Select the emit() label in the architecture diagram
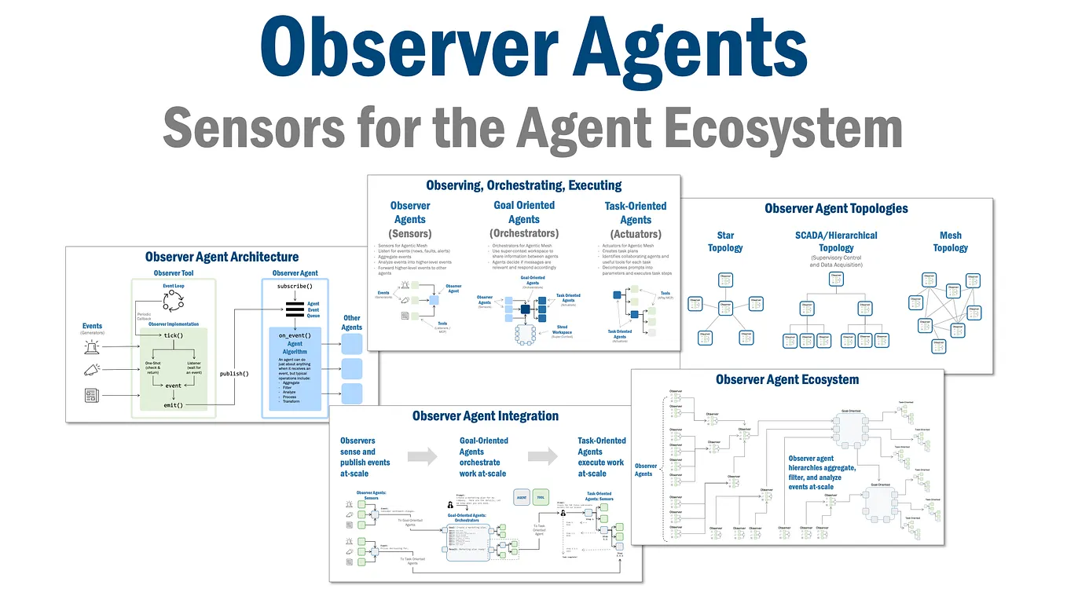coord(173,404)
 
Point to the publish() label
coord(233,373)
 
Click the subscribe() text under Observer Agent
coord(295,286)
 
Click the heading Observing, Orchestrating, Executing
coord(523,185)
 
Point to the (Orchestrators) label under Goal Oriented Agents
coord(523,233)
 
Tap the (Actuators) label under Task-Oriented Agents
coord(636,234)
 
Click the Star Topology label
coord(725,241)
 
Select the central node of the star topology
coord(725,308)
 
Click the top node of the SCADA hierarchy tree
coord(836,281)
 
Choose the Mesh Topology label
coord(950,241)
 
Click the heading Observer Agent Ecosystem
coord(786,380)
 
